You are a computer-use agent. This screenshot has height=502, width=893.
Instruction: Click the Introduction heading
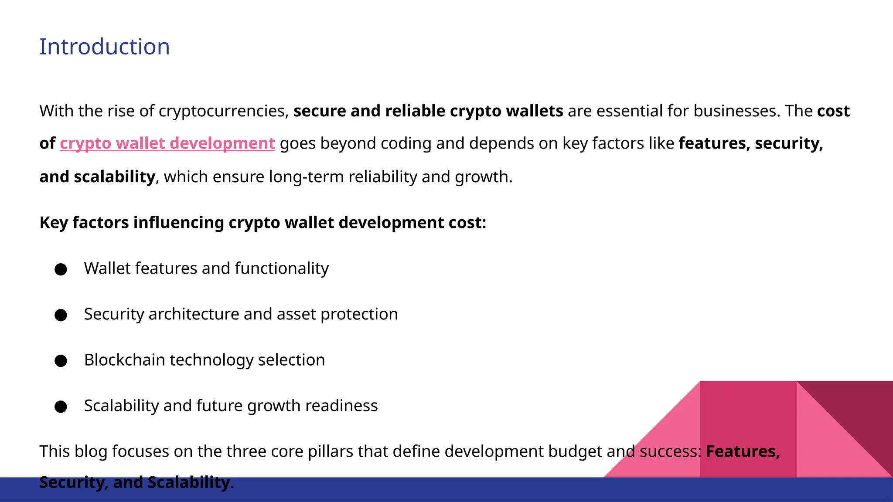pyautogui.click(x=105, y=47)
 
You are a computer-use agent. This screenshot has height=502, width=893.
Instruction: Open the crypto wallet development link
pyautogui.click(x=167, y=143)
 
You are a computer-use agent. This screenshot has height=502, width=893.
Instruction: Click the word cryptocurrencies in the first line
pyautogui.click(x=224, y=111)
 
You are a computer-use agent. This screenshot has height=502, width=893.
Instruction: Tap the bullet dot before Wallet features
pyautogui.click(x=61, y=269)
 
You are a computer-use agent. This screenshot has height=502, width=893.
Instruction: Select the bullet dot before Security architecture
pyautogui.click(x=61, y=315)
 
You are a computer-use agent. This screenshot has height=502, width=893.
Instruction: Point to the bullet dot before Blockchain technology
pyautogui.click(x=61, y=361)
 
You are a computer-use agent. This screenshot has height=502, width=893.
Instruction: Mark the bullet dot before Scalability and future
pyautogui.click(x=61, y=407)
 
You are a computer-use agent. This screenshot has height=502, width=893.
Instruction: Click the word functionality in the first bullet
pyautogui.click(x=282, y=268)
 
